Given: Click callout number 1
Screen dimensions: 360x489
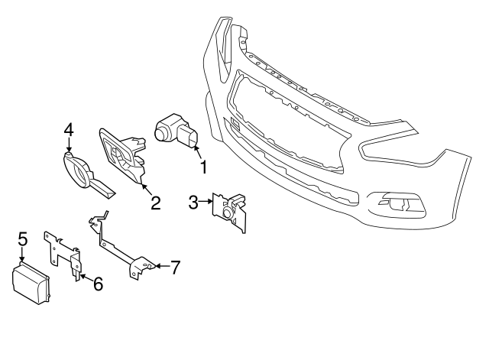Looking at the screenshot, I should [x=203, y=165].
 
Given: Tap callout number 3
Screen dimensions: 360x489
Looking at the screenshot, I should [x=193, y=202].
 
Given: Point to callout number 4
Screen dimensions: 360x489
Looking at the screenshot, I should [x=69, y=129].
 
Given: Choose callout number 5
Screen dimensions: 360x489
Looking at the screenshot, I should [x=23, y=238].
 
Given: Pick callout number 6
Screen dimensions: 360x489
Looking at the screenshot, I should [x=98, y=285].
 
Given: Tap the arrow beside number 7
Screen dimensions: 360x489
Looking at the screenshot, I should [x=158, y=267].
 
